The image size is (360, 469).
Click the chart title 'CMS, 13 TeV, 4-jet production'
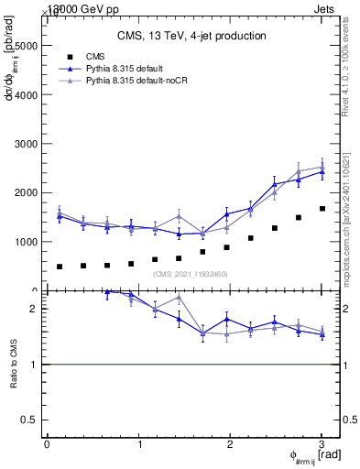(x=192, y=36)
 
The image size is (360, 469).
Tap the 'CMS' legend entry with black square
(x=97, y=56)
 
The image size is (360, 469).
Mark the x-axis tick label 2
(x=230, y=444)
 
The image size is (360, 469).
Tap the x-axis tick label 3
(x=322, y=444)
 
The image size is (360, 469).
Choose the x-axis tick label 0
(x=47, y=444)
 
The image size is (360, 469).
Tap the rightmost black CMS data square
(x=322, y=209)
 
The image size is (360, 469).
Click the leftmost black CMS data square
(x=60, y=267)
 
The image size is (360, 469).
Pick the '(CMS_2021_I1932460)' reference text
(x=191, y=274)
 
